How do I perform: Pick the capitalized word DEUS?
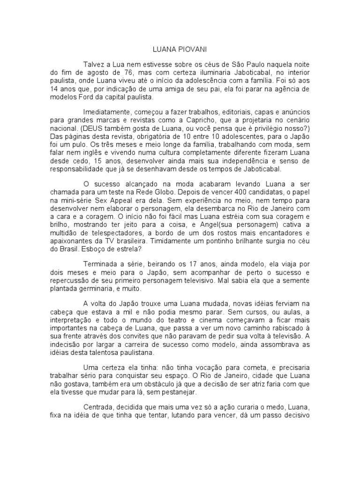tap(107, 129)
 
